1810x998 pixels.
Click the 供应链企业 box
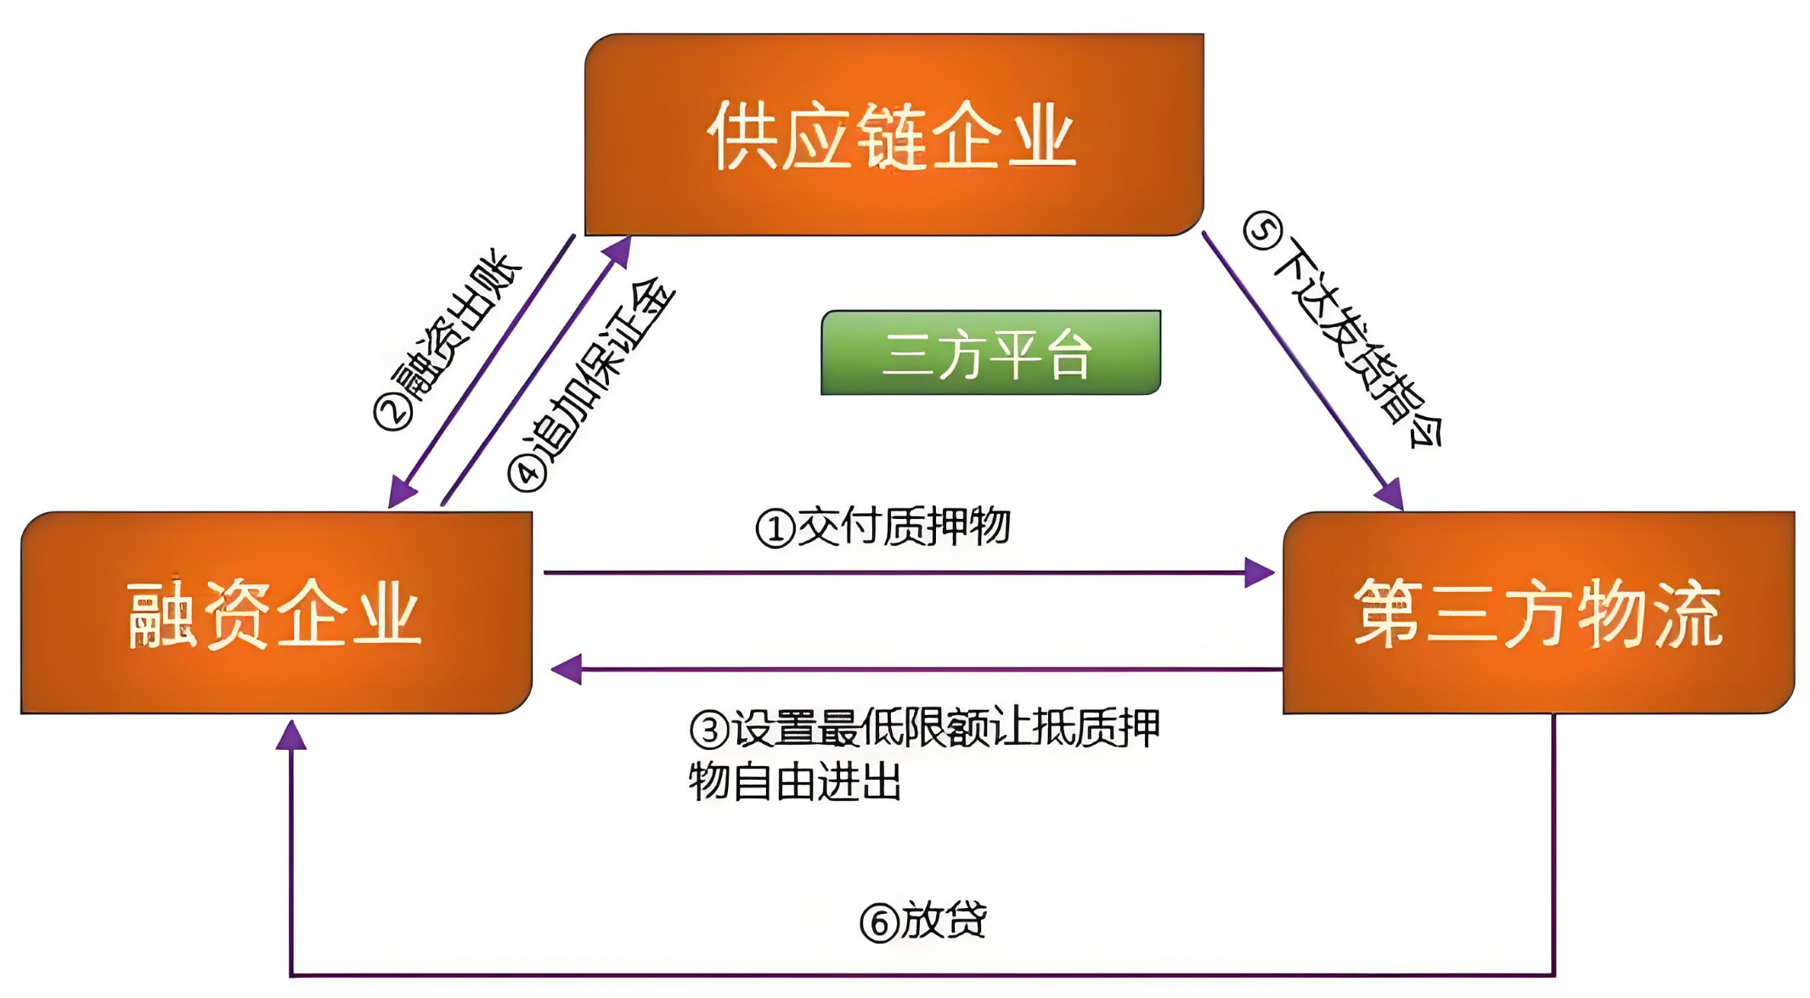tap(894, 134)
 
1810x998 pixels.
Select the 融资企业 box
tap(276, 612)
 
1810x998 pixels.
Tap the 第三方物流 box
tap(1538, 612)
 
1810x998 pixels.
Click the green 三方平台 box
tap(990, 352)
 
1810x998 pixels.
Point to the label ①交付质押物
tap(883, 527)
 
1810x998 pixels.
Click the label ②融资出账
tap(448, 340)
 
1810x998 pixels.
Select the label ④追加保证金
tap(591, 384)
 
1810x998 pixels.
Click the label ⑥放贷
tap(923, 921)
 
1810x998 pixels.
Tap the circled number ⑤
tap(1263, 231)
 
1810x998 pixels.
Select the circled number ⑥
tap(879, 923)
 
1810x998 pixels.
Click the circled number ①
tap(775, 529)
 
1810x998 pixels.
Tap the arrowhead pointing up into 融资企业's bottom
tap(291, 736)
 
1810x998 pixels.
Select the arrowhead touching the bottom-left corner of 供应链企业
tap(617, 251)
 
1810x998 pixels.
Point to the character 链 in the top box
tap(892, 136)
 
